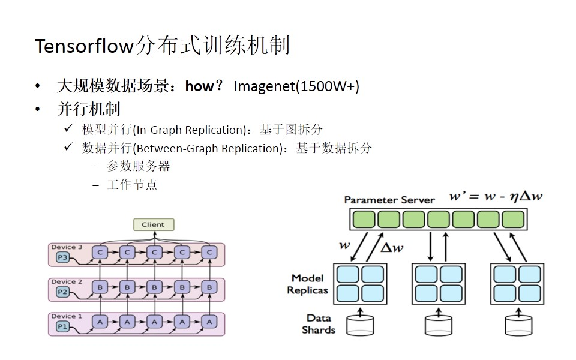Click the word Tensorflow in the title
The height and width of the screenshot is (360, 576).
[83, 46]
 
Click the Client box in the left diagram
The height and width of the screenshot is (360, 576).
[153, 224]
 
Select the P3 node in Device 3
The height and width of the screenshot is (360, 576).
[62, 257]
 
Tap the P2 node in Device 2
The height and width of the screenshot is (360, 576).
[62, 292]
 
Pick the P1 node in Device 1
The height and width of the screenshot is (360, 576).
[62, 326]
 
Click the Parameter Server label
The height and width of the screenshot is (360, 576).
[389, 200]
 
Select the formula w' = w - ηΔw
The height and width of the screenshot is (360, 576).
[496, 196]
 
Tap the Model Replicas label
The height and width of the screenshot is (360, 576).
[307, 284]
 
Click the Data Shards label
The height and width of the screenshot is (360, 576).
[319, 324]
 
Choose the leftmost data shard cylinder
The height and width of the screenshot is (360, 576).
[360, 325]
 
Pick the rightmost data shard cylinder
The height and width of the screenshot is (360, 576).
[518, 325]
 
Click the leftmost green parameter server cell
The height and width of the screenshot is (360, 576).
[364, 219]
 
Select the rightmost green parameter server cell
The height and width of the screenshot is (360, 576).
[513, 219]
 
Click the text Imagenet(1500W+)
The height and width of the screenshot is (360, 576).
[296, 86]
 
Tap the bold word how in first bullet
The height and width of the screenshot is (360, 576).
[199, 86]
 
